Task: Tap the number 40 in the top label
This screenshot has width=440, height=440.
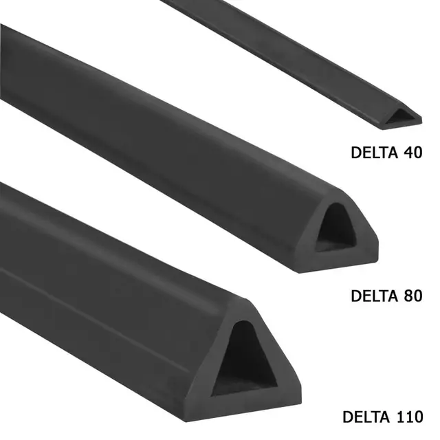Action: (x=412, y=153)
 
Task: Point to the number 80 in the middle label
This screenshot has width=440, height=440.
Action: (x=412, y=296)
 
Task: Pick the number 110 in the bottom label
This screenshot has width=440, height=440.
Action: (x=410, y=417)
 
